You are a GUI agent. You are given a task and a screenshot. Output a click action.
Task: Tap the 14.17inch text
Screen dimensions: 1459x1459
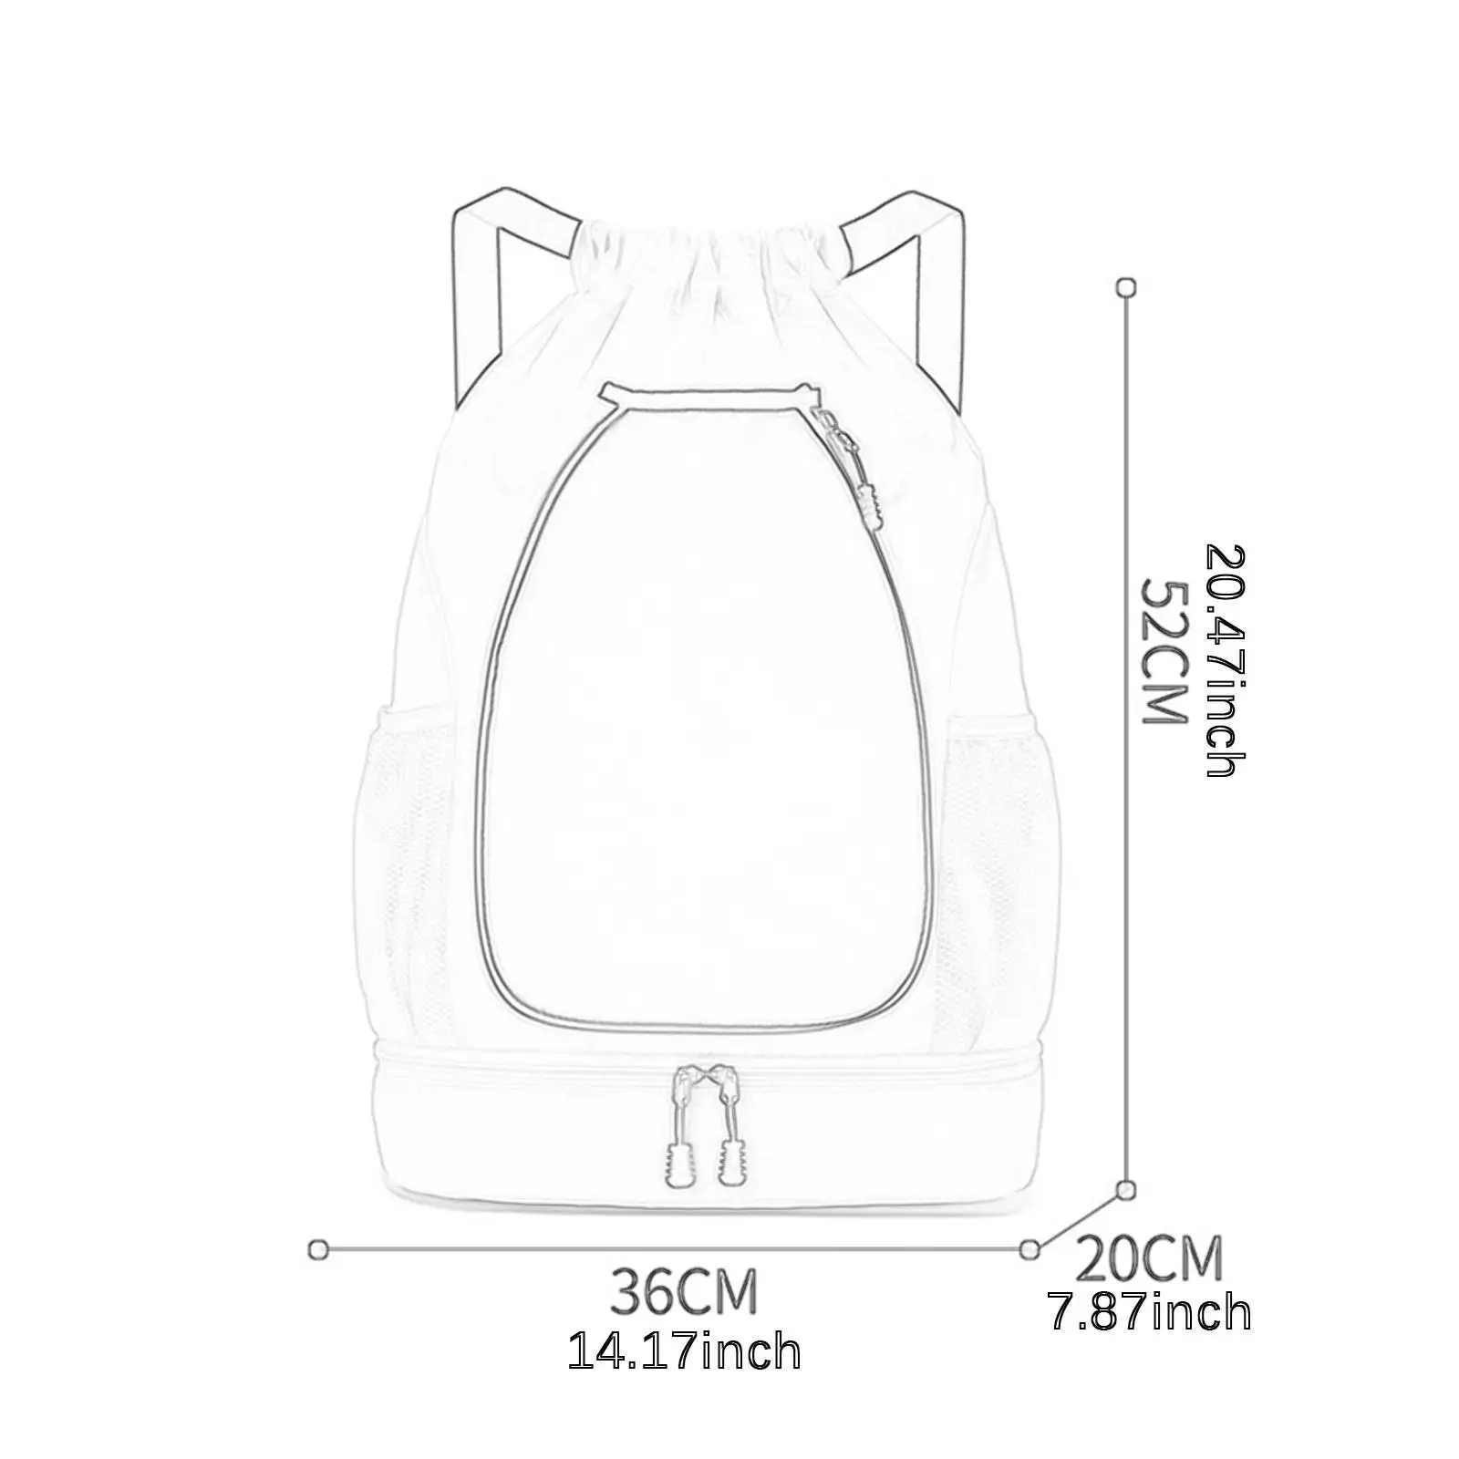[684, 1351]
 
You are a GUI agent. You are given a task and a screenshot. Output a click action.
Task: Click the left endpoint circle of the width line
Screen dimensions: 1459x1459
[318, 1249]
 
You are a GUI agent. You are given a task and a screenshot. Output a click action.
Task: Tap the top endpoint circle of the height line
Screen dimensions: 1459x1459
[1127, 288]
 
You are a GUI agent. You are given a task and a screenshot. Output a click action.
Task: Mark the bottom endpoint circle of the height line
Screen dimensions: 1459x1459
[1127, 1189]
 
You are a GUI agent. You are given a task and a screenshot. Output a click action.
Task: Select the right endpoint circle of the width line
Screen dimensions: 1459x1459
[1030, 1249]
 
